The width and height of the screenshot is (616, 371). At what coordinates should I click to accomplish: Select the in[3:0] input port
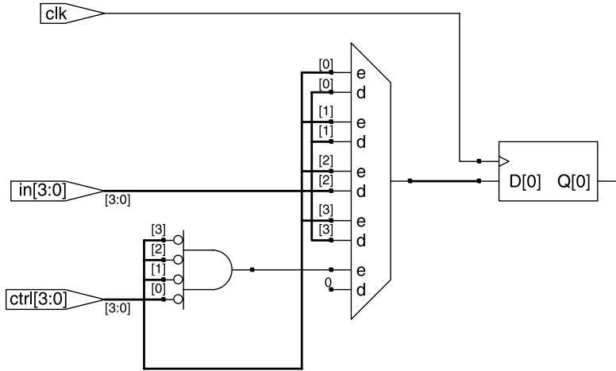pyautogui.click(x=57, y=191)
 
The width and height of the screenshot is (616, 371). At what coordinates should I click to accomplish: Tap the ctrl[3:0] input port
pyautogui.click(x=55, y=300)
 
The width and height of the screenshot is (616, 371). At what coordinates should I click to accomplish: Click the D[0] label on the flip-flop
pyautogui.click(x=525, y=182)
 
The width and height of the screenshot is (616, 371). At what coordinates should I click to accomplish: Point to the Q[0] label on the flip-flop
pyautogui.click(x=574, y=182)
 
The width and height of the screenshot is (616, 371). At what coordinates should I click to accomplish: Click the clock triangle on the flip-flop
pyautogui.click(x=504, y=161)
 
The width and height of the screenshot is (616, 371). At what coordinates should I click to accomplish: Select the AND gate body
pyautogui.click(x=208, y=270)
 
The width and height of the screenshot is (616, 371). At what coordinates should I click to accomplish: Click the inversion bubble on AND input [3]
pyautogui.click(x=179, y=240)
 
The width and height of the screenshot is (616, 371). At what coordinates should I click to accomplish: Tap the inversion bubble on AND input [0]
pyautogui.click(x=179, y=300)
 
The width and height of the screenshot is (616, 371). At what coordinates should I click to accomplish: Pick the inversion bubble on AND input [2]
pyautogui.click(x=179, y=260)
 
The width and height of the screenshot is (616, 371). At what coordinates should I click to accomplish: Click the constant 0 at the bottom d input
pyautogui.click(x=328, y=282)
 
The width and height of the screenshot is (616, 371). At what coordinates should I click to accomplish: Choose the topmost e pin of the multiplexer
pyautogui.click(x=360, y=74)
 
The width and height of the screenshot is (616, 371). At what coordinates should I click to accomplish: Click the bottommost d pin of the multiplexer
pyautogui.click(x=361, y=290)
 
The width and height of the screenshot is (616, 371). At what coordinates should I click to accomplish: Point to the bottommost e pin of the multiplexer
pyautogui.click(x=360, y=271)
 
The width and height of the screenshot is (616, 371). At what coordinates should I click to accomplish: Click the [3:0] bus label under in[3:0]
pyautogui.click(x=117, y=200)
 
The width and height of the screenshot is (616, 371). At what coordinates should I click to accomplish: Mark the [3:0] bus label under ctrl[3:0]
pyautogui.click(x=117, y=308)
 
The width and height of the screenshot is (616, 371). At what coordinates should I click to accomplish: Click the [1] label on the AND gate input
pyautogui.click(x=158, y=269)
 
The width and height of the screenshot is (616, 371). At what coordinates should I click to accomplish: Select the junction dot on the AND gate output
pyautogui.click(x=252, y=269)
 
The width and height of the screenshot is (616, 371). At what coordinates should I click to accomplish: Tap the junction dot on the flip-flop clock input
pyautogui.click(x=479, y=161)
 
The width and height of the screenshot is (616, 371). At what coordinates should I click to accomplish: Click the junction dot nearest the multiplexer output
pyautogui.click(x=410, y=181)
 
